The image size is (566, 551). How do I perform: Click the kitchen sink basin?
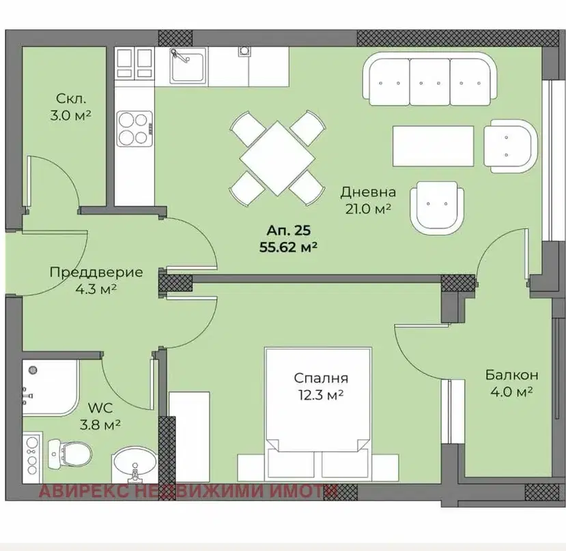point(188,67)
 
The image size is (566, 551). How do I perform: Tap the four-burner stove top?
point(135,129)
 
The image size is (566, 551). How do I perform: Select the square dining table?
point(277,158)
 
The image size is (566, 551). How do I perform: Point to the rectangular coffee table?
point(433,146)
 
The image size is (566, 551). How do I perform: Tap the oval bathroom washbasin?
point(135,464)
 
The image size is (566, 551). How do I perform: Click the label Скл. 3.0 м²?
point(71,107)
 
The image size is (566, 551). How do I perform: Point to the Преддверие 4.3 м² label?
point(96,280)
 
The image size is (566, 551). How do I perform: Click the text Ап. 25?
point(288,230)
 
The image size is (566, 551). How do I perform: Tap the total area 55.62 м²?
point(288,248)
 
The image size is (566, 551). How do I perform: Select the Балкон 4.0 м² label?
point(512,383)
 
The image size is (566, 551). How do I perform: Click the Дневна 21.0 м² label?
point(368,200)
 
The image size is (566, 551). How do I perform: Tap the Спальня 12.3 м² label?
point(321,387)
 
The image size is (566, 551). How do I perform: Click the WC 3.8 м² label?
point(100,417)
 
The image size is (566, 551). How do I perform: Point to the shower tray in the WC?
point(51,387)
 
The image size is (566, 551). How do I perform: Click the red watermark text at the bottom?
point(188,491)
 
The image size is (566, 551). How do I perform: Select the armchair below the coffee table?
point(437,208)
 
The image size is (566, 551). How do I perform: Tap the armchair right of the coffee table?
point(511,146)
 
